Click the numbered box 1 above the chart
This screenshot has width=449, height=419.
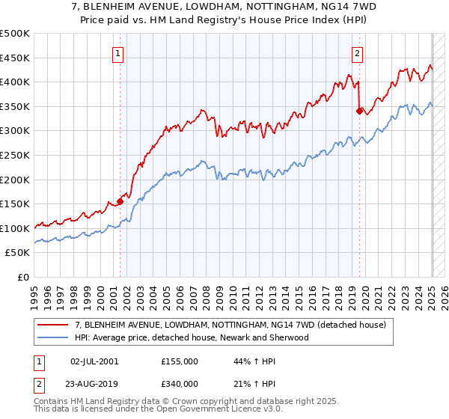119,53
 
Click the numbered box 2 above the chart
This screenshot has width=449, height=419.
358,53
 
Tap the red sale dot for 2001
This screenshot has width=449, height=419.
120,201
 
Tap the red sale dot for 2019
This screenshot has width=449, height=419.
359,111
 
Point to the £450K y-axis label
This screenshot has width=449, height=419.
15,58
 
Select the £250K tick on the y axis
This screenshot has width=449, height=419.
15,155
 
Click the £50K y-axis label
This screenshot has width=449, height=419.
18,253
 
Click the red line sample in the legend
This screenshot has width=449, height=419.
53,325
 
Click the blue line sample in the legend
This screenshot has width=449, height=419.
53,337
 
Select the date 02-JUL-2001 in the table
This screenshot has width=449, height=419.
94,361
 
